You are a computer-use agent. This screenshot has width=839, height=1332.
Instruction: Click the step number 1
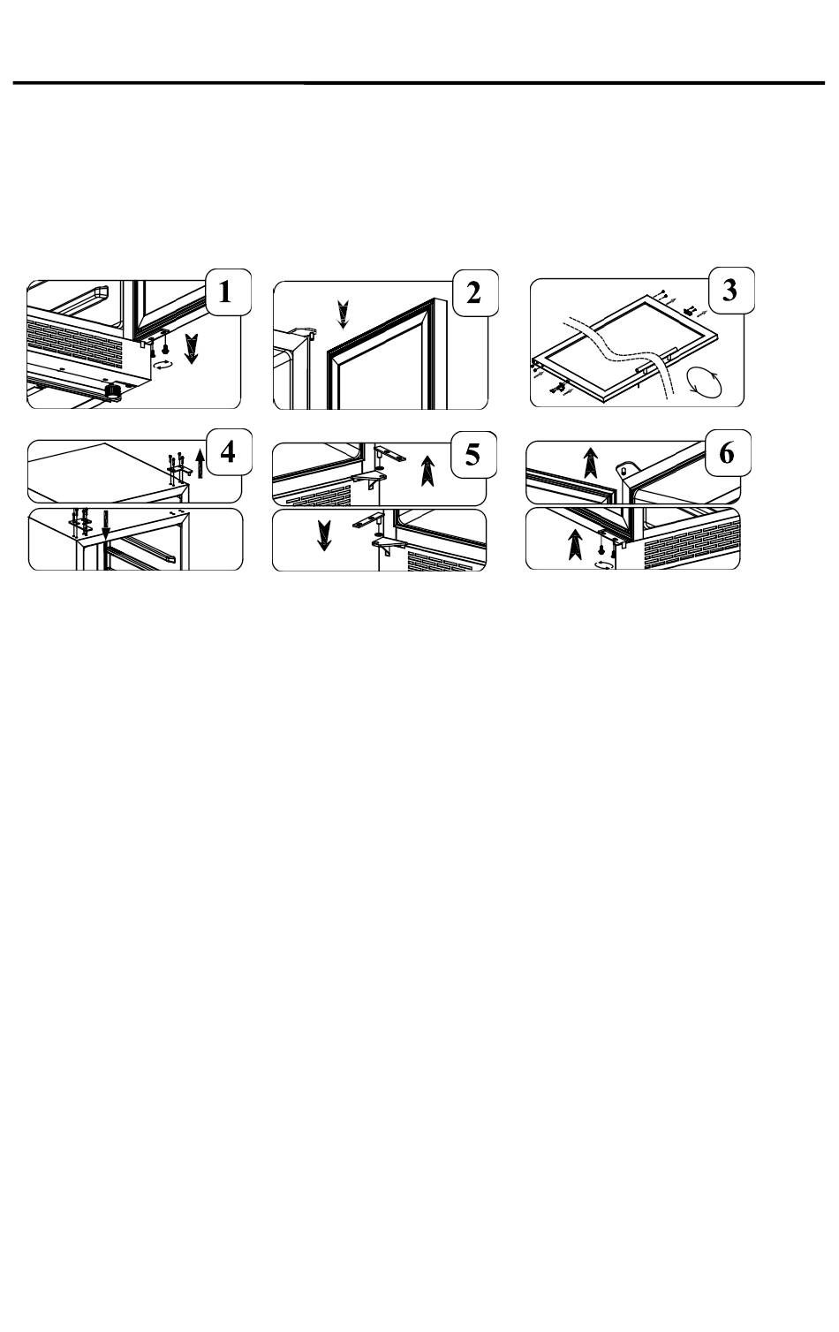coord(225,292)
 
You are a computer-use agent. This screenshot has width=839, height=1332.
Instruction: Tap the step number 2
coord(473,292)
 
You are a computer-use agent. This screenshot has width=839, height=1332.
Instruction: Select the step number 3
coord(729,291)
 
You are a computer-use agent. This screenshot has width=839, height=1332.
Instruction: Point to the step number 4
coord(228,452)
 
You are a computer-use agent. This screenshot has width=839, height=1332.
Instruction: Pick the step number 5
coord(472,454)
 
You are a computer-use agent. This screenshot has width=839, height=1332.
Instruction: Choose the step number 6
coord(727,453)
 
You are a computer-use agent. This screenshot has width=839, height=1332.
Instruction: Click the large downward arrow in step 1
coord(192,349)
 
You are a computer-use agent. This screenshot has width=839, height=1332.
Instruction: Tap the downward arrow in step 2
coord(343,314)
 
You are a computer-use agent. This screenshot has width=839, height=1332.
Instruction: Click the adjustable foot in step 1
coord(112,390)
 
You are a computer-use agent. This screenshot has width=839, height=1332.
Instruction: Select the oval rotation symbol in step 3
coord(703,382)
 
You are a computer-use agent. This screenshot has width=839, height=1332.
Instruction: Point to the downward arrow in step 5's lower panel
coord(324,535)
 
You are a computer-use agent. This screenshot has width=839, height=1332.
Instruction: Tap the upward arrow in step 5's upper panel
coord(427,471)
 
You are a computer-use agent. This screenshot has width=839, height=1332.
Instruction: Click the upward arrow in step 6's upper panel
coord(590,463)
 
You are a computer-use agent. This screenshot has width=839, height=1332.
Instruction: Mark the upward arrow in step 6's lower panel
coord(575,545)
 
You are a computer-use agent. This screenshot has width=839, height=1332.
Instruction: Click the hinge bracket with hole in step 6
coord(626,467)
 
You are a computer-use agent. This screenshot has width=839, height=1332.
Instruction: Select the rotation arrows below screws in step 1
coord(163,365)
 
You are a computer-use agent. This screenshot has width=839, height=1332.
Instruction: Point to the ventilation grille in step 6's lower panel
coord(692,543)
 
